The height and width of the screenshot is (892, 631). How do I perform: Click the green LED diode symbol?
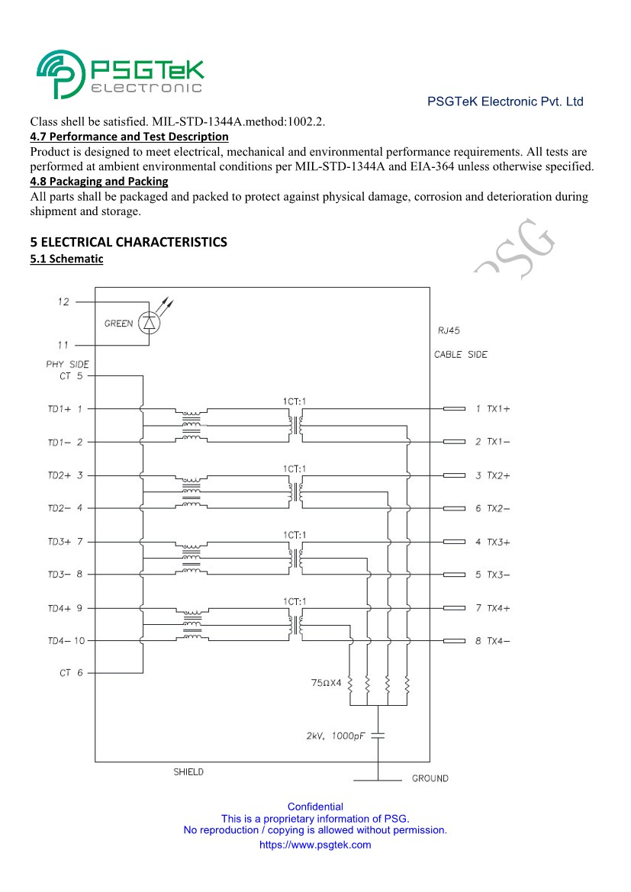(149, 324)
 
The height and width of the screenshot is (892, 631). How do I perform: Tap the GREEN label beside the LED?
(118, 324)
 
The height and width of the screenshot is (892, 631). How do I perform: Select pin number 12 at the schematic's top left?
(63, 302)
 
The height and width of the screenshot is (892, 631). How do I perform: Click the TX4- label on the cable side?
(497, 641)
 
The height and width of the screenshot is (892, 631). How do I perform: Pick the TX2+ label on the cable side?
(497, 475)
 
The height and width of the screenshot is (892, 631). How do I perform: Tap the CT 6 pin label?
(71, 673)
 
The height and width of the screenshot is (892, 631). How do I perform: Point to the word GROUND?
(430, 778)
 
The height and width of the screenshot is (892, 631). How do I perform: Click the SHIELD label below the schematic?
(188, 772)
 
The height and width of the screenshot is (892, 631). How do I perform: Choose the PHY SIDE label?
(67, 364)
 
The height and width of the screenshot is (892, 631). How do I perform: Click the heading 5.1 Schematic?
(66, 259)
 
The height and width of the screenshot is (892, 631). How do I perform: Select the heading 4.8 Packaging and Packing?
(98, 182)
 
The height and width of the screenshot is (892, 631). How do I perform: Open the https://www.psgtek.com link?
(315, 845)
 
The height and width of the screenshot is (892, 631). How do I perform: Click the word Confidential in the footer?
(315, 807)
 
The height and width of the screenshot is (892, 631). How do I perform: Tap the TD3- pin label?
(66, 575)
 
